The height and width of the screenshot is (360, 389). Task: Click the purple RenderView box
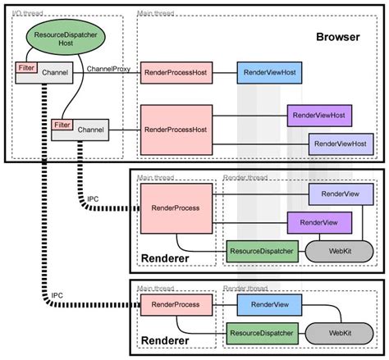click(319, 222)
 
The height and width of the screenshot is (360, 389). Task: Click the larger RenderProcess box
click(171, 208)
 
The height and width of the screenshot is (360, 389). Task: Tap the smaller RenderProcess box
click(171, 305)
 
